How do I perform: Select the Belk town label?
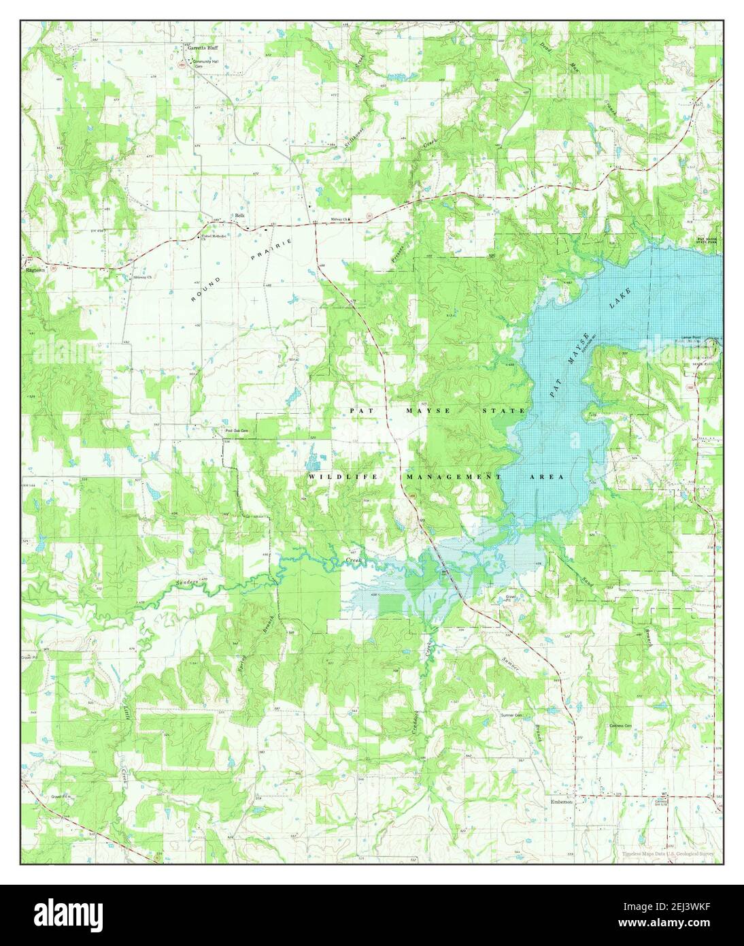tap(239, 216)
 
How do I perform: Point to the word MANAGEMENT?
tap(453, 478)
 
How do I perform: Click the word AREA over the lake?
tap(546, 478)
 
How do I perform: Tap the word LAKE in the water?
tap(620, 299)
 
